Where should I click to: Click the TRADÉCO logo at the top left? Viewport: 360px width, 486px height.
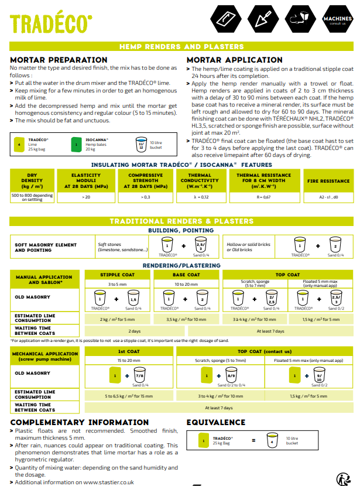(51, 23)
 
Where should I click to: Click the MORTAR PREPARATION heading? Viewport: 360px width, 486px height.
(59, 60)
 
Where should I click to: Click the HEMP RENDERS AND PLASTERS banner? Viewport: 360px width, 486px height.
(181, 47)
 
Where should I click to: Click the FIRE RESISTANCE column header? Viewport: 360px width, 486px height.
(328, 181)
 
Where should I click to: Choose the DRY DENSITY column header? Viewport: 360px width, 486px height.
(32, 181)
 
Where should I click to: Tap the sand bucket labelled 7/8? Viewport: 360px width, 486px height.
(138, 375)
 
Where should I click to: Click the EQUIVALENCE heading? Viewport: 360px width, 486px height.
(215, 422)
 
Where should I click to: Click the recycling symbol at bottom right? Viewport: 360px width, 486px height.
(344, 478)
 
